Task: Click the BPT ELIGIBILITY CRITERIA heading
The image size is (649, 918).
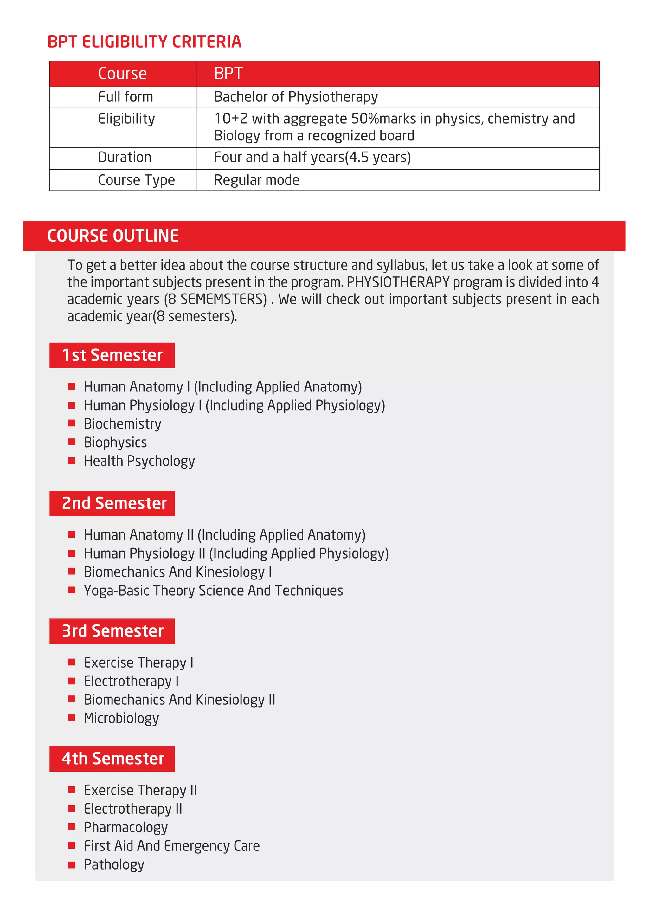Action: (x=144, y=42)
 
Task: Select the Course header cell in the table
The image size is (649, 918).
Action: (x=122, y=74)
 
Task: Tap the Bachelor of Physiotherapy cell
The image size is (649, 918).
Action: (x=296, y=97)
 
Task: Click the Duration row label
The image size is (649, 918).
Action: (x=125, y=157)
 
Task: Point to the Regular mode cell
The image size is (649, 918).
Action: (x=257, y=180)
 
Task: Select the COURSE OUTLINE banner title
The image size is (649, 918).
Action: (x=113, y=236)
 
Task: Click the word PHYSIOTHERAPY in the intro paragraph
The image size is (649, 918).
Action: (x=398, y=282)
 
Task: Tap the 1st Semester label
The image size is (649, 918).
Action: (x=112, y=355)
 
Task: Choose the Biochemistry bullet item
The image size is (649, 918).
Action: (x=122, y=424)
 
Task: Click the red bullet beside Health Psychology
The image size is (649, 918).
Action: (x=72, y=461)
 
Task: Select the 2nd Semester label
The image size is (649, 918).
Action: (x=114, y=503)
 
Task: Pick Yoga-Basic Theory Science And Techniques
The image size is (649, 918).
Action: (x=213, y=591)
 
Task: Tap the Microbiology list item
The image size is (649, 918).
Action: (x=121, y=718)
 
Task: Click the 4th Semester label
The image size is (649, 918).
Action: (x=113, y=759)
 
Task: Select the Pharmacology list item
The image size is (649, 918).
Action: (x=125, y=827)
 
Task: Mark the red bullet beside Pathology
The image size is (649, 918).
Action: (x=72, y=864)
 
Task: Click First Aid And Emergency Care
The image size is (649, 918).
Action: (x=171, y=846)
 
